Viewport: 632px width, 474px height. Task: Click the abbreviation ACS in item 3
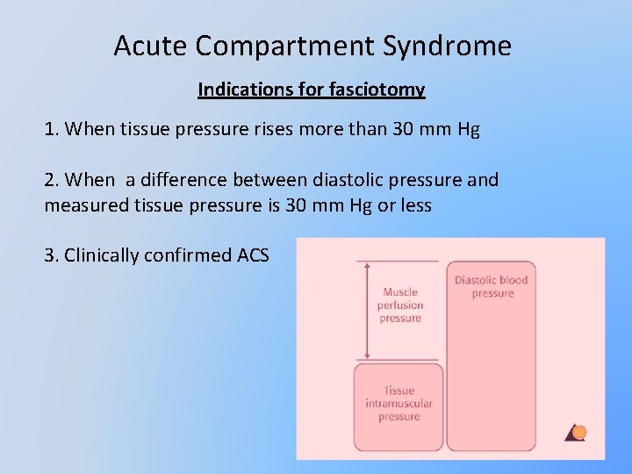[254, 255]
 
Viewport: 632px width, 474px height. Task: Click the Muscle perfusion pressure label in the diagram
[400, 305]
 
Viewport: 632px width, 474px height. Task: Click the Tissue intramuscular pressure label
[399, 404]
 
